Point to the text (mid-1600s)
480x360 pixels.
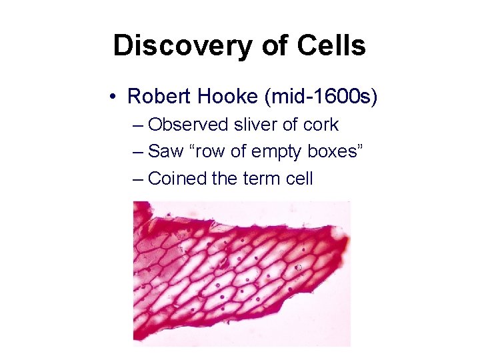321,97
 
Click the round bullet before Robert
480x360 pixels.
115,97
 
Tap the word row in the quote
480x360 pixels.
204,152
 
